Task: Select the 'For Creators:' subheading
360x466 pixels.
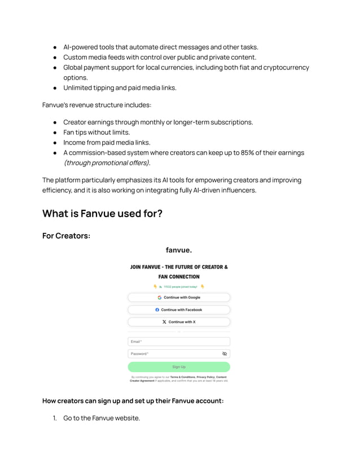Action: (x=66, y=235)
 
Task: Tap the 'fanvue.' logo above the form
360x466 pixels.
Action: (x=179, y=250)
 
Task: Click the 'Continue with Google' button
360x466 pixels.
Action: (x=179, y=297)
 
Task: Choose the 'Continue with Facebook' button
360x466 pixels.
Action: (x=179, y=310)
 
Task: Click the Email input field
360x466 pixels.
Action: (x=179, y=341)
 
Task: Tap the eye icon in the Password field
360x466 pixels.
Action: (x=225, y=354)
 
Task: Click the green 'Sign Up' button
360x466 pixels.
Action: (x=179, y=367)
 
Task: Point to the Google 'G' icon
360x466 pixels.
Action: (x=160, y=297)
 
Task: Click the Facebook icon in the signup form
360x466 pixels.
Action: (x=157, y=310)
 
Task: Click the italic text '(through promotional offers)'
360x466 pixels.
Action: (x=107, y=163)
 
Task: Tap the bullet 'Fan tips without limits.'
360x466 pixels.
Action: (x=96, y=133)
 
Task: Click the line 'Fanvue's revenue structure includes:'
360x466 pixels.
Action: (x=96, y=105)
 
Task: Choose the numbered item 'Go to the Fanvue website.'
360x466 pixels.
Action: (x=102, y=418)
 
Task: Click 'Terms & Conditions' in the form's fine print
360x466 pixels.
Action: (x=183, y=377)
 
